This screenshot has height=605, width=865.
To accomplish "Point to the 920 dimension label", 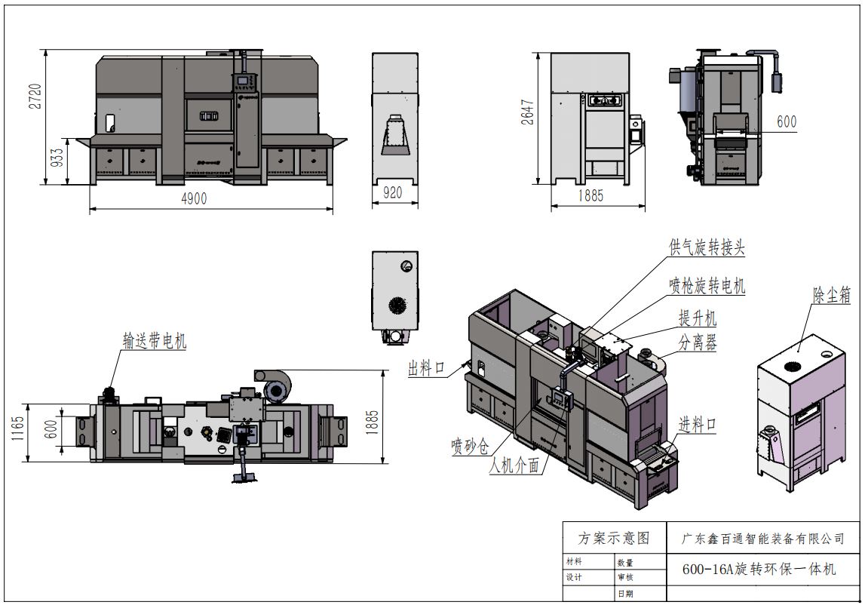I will (x=393, y=193).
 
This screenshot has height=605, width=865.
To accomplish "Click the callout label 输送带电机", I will (x=155, y=341).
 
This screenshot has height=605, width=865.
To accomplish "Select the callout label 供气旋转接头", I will (x=707, y=247).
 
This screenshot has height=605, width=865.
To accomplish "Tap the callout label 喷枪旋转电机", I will (x=707, y=285).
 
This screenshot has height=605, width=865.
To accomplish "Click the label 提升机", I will (x=698, y=317).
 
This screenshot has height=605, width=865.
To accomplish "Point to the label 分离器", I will (x=698, y=343).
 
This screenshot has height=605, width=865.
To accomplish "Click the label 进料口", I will (x=697, y=425).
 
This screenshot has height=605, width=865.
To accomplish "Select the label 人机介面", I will (x=514, y=466).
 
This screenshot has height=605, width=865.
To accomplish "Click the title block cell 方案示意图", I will (x=613, y=539).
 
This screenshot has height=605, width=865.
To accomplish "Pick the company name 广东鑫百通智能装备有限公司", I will (x=762, y=539).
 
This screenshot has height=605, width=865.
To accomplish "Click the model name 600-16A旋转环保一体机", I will (x=759, y=568).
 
